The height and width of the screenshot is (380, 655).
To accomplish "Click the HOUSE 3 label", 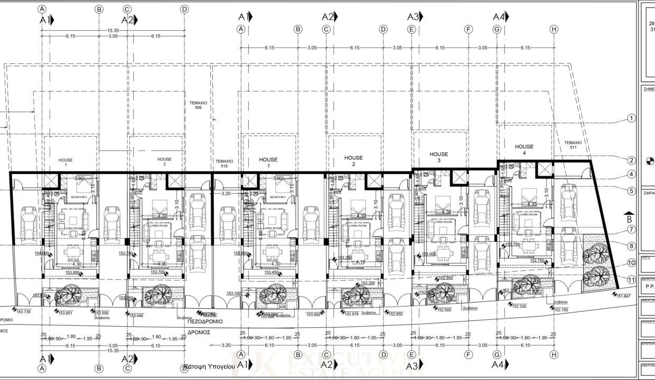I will tap(438, 157).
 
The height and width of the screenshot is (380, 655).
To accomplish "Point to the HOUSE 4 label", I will tap(524, 149).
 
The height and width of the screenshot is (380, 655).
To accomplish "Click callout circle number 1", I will tap(631, 118).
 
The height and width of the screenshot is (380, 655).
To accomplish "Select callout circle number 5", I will tap(631, 191).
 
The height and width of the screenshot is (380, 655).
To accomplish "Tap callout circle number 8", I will tap(631, 245).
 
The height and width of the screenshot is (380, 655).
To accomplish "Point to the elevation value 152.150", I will tap(561, 310).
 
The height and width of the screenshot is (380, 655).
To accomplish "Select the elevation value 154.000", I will tap(42, 253).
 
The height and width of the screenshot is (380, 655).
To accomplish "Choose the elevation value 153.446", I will tap(136, 315).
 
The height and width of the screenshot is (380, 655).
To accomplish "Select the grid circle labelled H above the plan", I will tap(553, 30).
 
